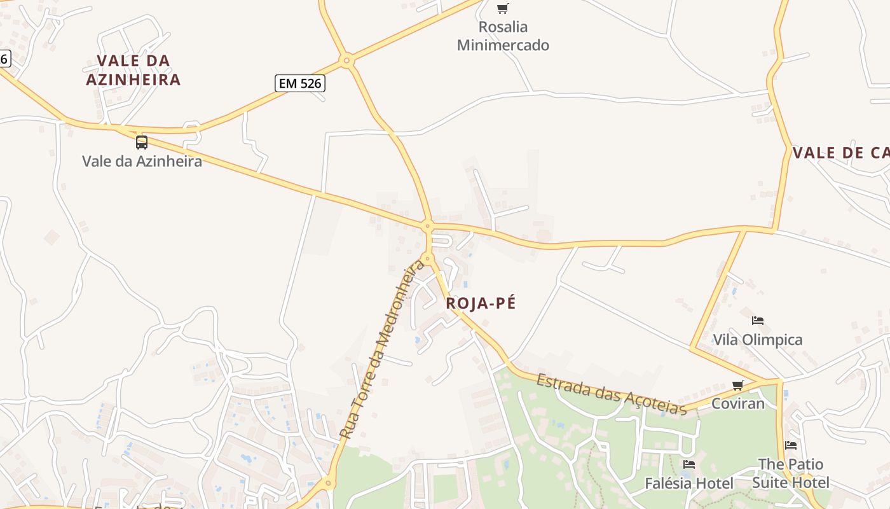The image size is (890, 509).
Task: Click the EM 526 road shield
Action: (300, 83)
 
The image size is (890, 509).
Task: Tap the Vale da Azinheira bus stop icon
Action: (142, 142)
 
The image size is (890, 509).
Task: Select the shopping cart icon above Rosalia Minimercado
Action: (503, 8)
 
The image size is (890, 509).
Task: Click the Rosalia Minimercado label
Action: (503, 36)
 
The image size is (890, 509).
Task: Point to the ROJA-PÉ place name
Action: (481, 303)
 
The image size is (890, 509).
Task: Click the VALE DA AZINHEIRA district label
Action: (133, 70)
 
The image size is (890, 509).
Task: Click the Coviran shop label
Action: (738, 403)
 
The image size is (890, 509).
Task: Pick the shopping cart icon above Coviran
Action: (738, 385)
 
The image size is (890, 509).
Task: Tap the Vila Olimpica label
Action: (758, 340)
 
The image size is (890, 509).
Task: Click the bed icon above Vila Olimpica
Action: (758, 321)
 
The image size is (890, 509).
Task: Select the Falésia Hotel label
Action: (689, 484)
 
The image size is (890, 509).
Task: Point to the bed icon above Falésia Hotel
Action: (689, 464)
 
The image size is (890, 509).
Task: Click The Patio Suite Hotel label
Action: (791, 473)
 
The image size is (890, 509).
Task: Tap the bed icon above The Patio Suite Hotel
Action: (791, 445)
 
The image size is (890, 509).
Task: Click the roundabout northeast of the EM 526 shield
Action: (346, 61)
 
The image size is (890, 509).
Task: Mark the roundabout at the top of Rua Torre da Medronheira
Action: (428, 259)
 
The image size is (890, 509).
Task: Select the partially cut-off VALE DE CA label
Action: (840, 153)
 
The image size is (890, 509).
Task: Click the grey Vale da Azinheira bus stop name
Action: (142, 161)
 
